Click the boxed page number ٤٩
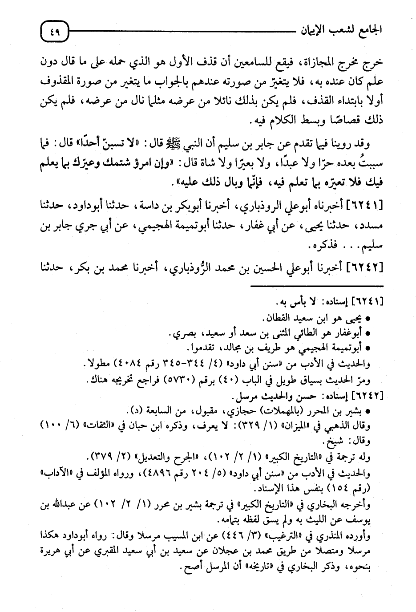click(x=54, y=32)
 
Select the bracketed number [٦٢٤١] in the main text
click(x=364, y=206)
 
